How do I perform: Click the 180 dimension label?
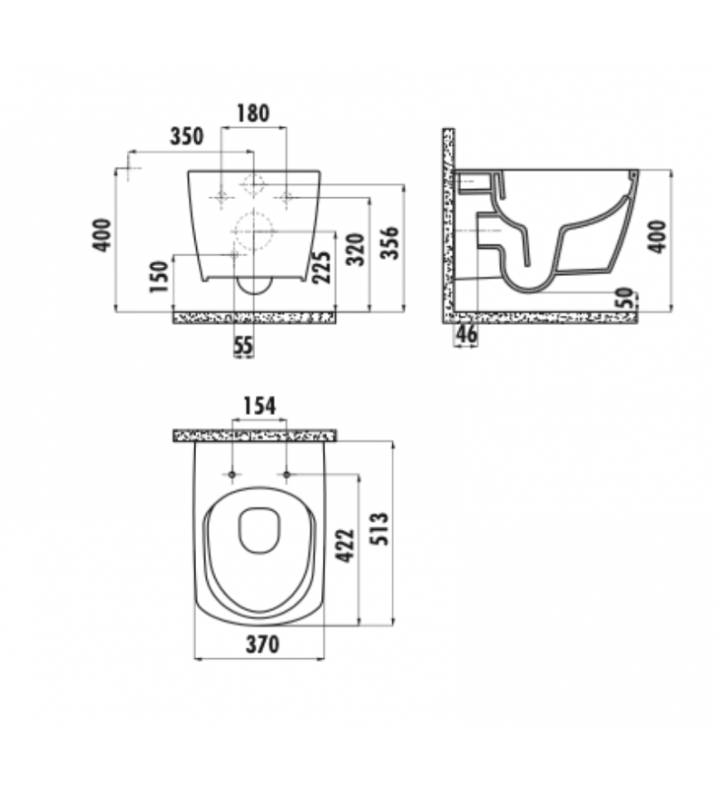click(x=253, y=113)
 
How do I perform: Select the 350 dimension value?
click(x=187, y=136)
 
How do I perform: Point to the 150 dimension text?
click(x=159, y=277)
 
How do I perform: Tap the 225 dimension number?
click(x=322, y=267)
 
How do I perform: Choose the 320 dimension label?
click(x=356, y=250)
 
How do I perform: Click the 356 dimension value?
click(x=389, y=243)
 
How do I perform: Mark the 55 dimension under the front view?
click(x=243, y=346)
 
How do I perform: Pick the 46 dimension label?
click(x=467, y=334)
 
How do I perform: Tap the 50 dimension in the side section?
click(x=624, y=297)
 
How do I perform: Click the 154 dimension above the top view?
click(x=260, y=406)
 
